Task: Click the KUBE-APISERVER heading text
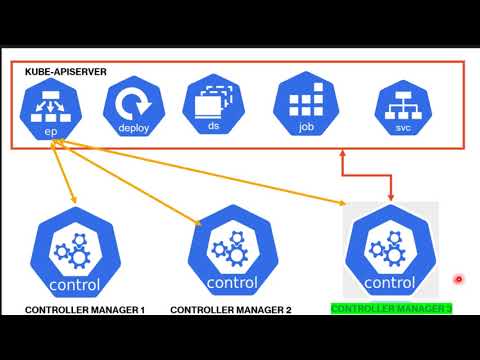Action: coord(66,72)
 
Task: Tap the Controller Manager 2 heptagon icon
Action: coord(232,256)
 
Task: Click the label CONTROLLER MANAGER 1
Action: coord(85,310)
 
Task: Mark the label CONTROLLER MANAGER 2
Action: coord(231,310)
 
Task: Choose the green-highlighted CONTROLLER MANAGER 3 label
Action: coord(391,309)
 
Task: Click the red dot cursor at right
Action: coord(458,279)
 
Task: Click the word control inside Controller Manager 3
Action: coord(390,283)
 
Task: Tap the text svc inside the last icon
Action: coord(402,129)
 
